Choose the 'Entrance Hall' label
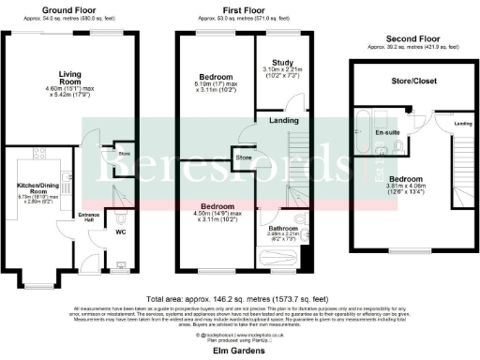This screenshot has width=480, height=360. point(87,218)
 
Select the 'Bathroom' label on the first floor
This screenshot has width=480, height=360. point(284,228)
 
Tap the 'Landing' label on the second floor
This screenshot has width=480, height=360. point(463,124)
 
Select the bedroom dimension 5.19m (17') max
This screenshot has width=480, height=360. point(217,83)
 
